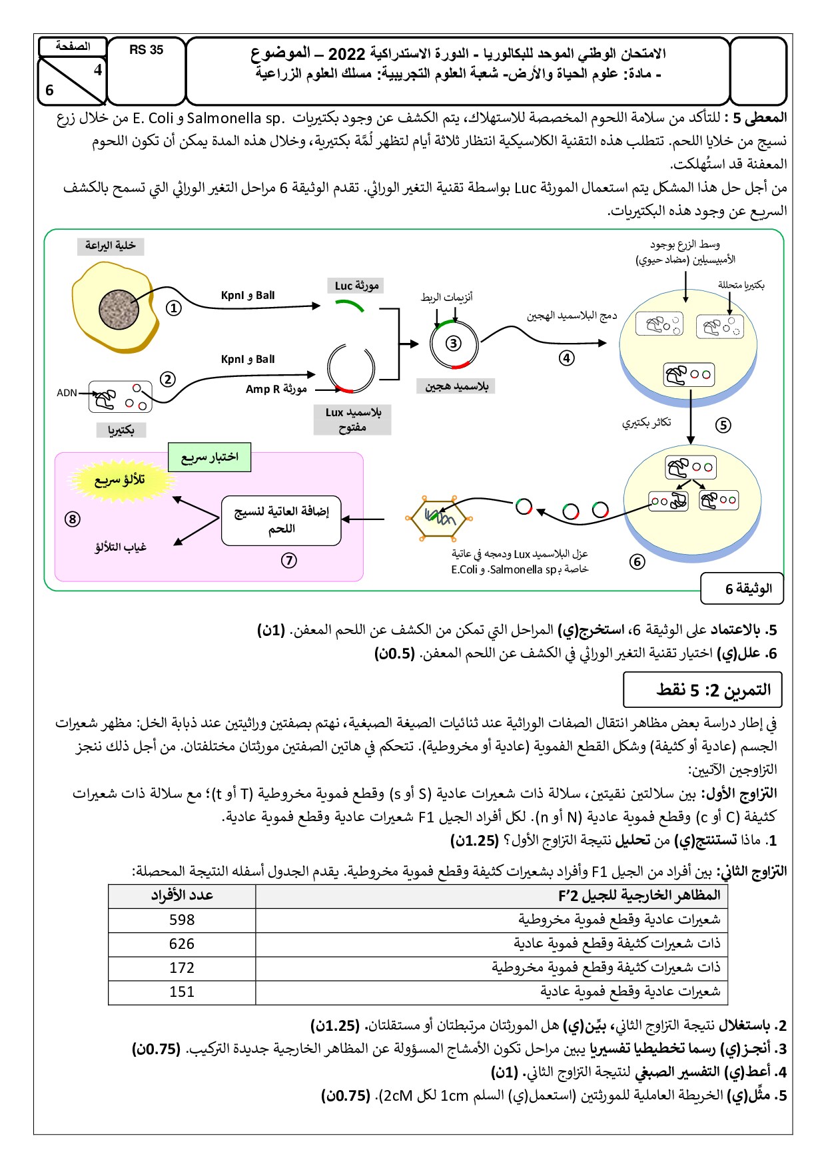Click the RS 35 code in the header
(146, 50)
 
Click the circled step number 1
(173, 308)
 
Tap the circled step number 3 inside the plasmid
(453, 344)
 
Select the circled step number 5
(723, 425)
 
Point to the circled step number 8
(73, 519)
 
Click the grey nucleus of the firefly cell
(119, 310)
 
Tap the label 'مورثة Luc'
(357, 286)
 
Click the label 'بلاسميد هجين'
(456, 386)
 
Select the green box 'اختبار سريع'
(209, 457)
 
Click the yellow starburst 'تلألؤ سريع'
(119, 479)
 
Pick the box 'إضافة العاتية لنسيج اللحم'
(281, 520)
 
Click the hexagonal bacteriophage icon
(439, 517)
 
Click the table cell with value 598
(182, 920)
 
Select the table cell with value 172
(182, 968)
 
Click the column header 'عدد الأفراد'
(182, 896)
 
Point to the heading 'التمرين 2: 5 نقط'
(703, 690)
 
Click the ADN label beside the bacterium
(67, 393)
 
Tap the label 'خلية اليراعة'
(110, 246)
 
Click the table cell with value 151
(182, 992)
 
